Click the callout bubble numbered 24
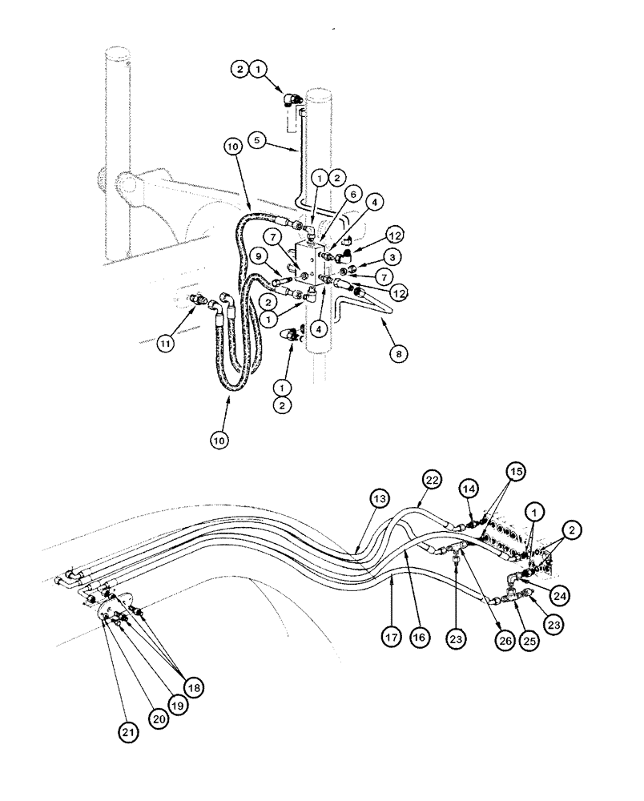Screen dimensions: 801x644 coord(557,595)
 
